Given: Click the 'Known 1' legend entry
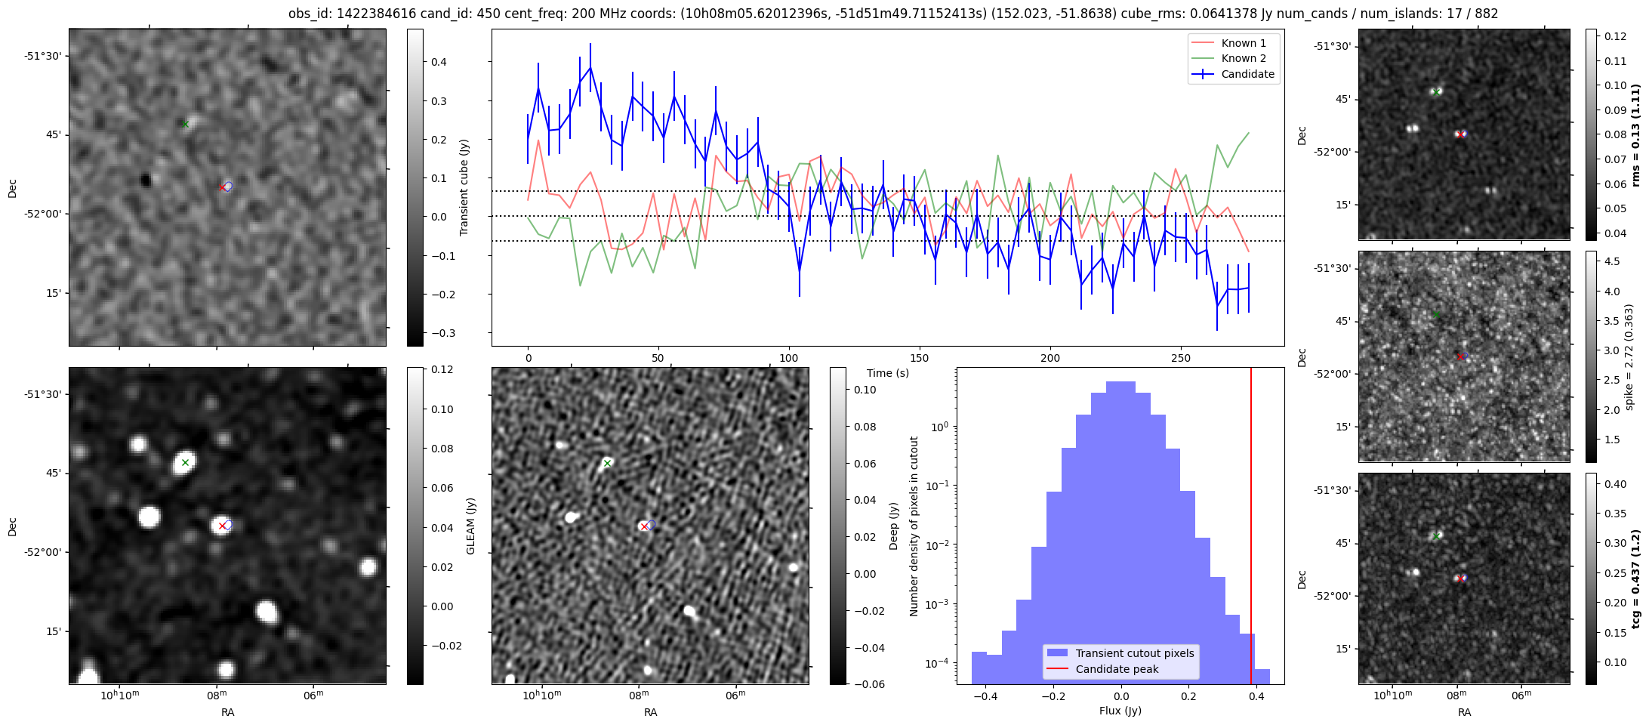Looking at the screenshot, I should point(1243,43).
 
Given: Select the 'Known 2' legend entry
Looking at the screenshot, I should point(1243,58).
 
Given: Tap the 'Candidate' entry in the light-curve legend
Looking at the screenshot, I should point(1247,74).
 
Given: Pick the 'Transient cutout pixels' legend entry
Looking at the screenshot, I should point(1134,653).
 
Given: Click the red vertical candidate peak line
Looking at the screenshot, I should point(1251,529).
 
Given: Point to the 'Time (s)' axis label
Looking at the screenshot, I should point(888,373).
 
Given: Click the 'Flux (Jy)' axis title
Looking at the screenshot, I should point(1120,711).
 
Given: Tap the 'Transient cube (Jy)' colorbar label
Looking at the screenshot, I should point(464,187).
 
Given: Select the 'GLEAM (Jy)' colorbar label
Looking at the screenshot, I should point(470,526).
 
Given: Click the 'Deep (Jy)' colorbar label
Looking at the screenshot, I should point(893,526).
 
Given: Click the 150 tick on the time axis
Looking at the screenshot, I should point(920,358).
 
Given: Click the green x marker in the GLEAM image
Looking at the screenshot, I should point(185,462).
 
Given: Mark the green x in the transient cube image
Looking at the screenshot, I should point(185,124).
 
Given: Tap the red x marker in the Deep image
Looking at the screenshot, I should point(643,526).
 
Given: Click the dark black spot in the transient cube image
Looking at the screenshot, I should point(146,180).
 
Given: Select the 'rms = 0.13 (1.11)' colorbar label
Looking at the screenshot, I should point(1636,134).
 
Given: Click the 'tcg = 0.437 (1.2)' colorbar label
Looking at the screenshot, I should point(1636,578).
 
